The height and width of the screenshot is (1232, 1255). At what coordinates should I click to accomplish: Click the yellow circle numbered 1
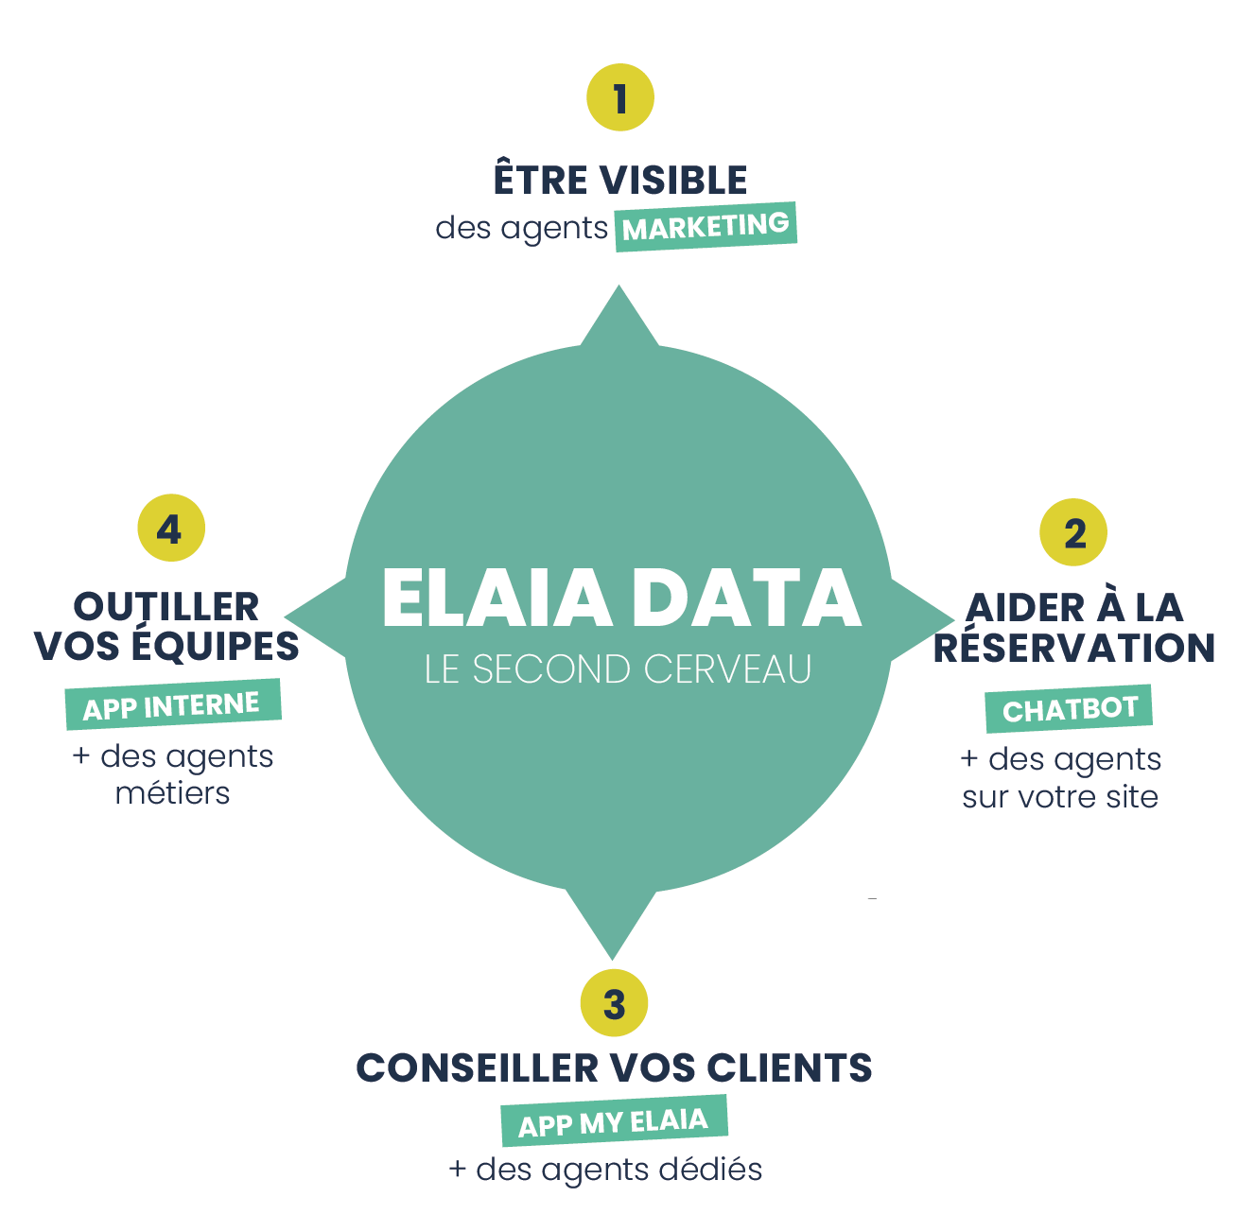pos(620,97)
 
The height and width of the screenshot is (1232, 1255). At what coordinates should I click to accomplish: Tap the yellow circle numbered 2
pos(1073,532)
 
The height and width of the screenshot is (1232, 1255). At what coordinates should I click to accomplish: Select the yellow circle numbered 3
pos(614,1003)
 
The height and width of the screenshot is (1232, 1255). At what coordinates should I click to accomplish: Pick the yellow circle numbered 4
pos(171,528)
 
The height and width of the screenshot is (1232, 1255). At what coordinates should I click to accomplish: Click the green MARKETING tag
pos(706,227)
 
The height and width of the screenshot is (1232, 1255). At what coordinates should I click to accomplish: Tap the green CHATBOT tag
pos(1069,708)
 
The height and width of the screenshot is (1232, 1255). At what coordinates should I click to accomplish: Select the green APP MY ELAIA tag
pos(614,1121)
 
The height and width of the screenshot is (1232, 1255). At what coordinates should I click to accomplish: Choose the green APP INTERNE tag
pos(173,704)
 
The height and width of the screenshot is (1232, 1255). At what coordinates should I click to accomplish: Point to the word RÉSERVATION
pos(1074,648)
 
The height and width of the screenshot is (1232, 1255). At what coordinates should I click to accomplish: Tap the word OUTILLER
pos(166,607)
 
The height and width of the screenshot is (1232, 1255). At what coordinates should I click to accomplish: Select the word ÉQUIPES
pos(216,645)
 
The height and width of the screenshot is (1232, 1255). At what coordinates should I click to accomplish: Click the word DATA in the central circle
pos(747,599)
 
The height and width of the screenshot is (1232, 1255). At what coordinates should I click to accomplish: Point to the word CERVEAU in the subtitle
pos(727,668)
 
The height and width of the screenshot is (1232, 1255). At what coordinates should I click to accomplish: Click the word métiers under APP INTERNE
pos(172,793)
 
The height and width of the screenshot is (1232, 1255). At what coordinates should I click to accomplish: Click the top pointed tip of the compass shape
pos(619,286)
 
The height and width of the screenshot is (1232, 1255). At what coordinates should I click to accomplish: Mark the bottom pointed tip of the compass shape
pos(612,959)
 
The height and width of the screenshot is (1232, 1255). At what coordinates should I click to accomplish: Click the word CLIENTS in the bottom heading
pos(790,1067)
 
